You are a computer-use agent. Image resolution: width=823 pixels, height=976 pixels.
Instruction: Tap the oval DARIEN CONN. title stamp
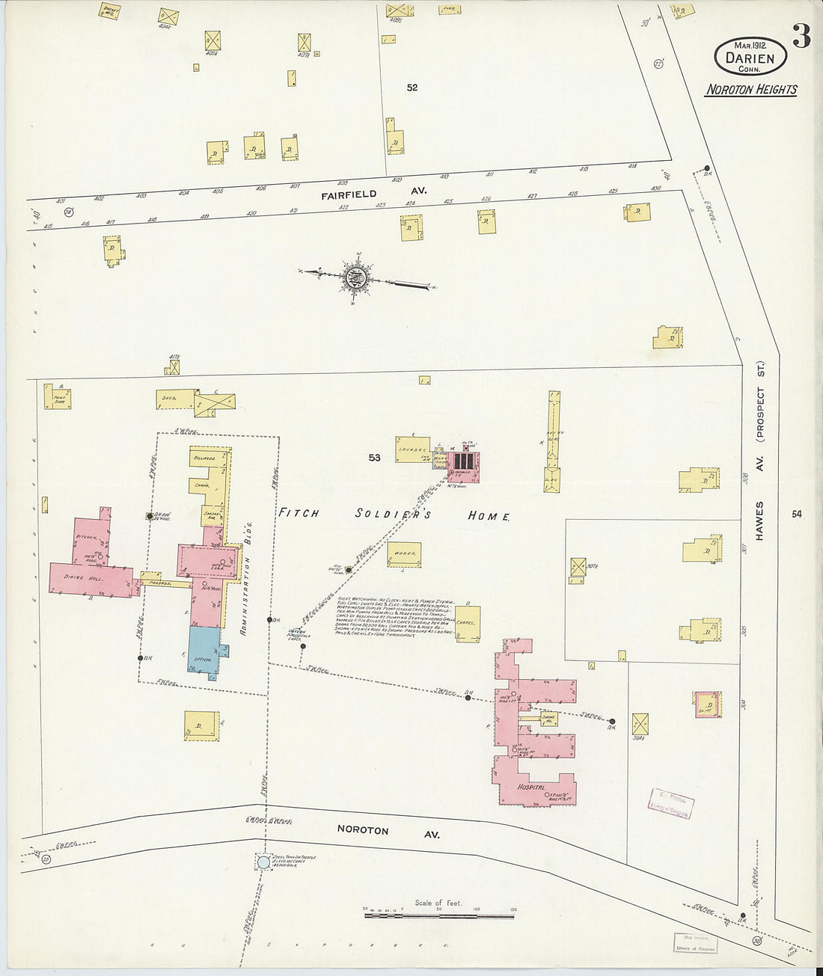tap(750, 57)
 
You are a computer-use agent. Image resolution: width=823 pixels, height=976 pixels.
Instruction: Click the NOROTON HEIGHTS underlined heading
tap(752, 90)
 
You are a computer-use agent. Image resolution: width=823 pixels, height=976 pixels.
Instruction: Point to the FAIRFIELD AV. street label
tap(374, 192)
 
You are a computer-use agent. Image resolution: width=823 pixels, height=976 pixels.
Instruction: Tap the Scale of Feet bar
tap(439, 913)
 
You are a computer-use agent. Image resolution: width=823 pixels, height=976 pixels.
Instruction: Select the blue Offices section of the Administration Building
tap(204, 652)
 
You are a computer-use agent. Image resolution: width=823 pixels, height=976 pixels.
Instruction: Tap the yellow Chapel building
tap(467, 624)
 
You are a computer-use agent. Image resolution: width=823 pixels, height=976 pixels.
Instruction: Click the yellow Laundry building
tap(413, 449)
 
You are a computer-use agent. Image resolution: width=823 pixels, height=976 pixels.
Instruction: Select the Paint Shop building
tap(58, 396)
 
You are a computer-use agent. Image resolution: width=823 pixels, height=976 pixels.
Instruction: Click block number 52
tap(412, 88)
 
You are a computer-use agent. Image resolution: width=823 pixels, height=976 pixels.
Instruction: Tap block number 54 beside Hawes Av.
tap(797, 514)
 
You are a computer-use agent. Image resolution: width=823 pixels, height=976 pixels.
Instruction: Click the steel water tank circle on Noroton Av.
tap(263, 862)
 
